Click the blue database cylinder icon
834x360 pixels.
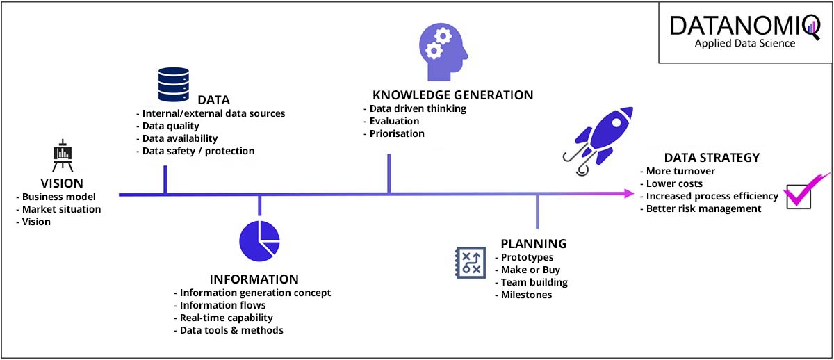[174, 84]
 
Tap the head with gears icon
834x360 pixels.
[443, 52]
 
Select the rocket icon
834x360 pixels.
[598, 140]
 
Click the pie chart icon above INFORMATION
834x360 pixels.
[259, 241]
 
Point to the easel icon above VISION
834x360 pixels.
[63, 155]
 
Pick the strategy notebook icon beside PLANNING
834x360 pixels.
[471, 263]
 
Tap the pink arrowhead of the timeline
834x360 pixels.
[629, 194]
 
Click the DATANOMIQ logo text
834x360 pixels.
[744, 26]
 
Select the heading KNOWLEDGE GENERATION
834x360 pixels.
[452, 95]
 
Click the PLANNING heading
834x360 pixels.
[534, 244]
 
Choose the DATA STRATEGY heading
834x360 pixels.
[712, 158]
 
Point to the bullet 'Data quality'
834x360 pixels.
[171, 126]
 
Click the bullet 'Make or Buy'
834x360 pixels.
[530, 270]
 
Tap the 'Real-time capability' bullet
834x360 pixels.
[227, 318]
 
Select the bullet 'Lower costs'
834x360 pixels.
[674, 183]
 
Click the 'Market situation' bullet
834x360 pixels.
[61, 209]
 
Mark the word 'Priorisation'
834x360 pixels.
[397, 133]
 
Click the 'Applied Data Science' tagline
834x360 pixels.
[745, 44]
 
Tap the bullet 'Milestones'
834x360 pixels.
[527, 295]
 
